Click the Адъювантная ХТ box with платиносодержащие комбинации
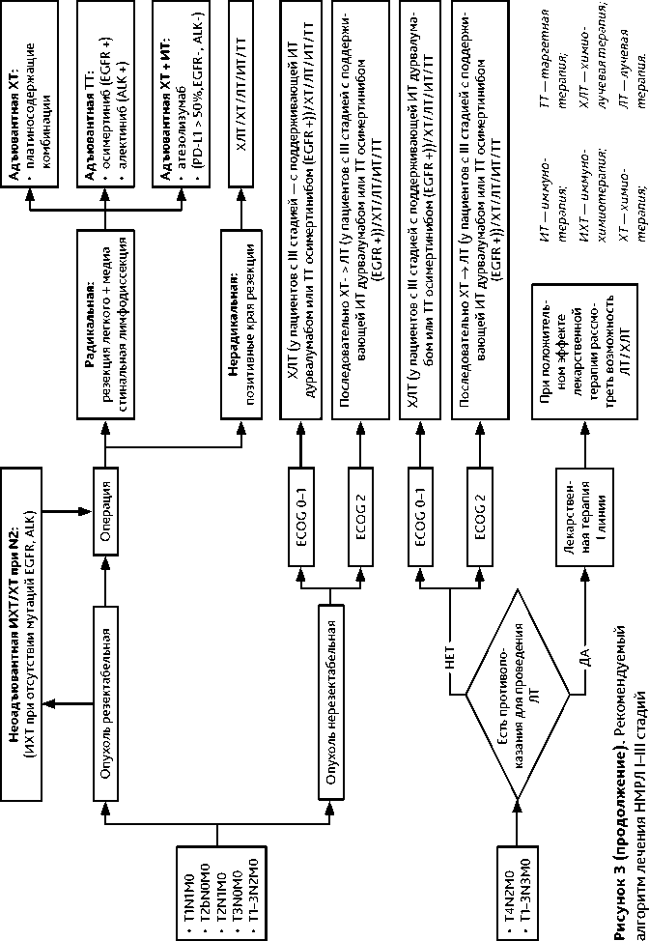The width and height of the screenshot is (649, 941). tap(31, 97)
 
